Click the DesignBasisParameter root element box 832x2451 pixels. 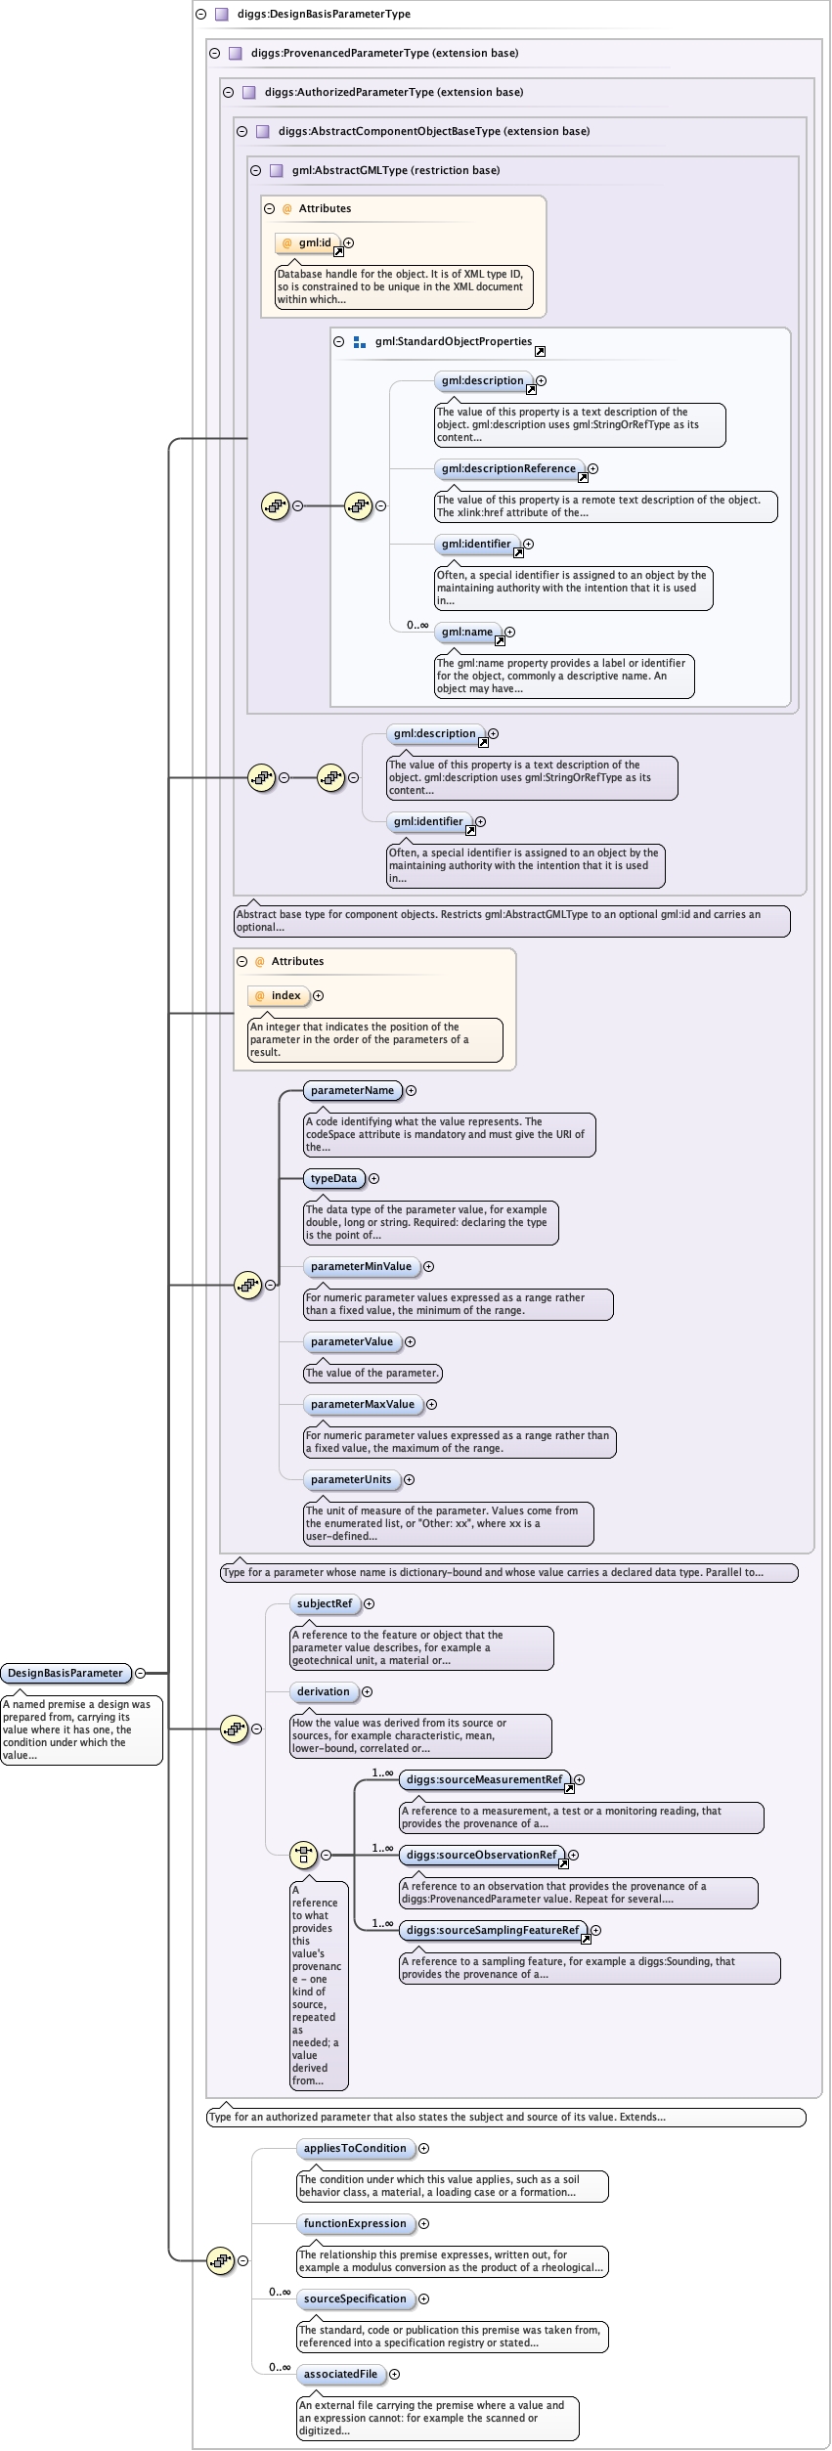point(66,1673)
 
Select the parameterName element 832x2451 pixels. point(352,1090)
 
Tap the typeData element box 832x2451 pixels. point(333,1178)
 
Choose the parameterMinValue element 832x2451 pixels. point(361,1266)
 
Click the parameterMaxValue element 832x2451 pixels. point(363,1404)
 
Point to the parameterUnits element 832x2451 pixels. point(351,1479)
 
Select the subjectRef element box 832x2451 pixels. point(325,1603)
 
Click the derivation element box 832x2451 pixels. point(324,1691)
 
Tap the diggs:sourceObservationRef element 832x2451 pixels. point(482,1855)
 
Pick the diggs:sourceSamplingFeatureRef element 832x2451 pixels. point(493,1930)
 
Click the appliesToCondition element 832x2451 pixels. point(355,2148)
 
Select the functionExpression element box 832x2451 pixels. point(355,2223)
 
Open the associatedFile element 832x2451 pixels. point(340,2374)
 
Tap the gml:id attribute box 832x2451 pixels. point(307,242)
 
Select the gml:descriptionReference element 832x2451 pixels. point(508,468)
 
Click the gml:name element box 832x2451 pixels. point(467,632)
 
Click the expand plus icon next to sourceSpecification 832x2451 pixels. point(424,2298)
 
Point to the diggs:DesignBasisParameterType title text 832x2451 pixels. point(324,14)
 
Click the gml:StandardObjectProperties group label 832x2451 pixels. point(454,341)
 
